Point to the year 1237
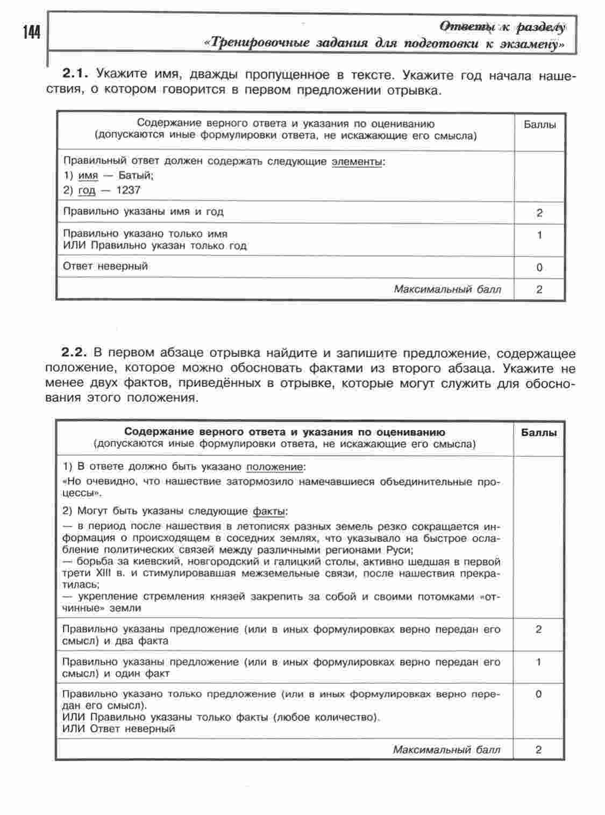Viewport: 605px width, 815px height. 128,190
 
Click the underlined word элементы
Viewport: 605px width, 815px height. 357,161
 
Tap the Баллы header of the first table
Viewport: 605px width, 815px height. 539,125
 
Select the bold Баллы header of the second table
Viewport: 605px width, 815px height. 539,433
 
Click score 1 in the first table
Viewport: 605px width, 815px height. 539,235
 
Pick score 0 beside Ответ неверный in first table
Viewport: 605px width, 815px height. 539,267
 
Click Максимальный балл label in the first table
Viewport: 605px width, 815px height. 447,289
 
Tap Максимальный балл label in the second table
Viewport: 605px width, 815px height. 446,749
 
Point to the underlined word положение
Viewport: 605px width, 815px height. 275,466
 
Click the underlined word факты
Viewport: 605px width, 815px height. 269,511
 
